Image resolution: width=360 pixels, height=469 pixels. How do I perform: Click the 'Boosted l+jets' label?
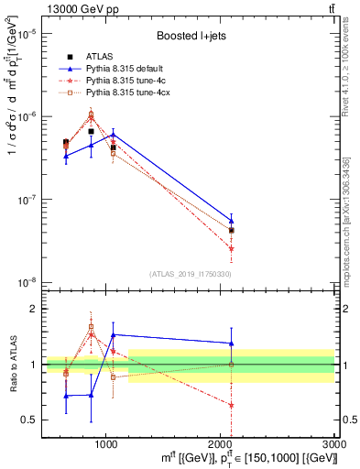coord(190,36)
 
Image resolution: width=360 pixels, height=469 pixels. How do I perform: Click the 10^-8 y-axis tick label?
coord(27,282)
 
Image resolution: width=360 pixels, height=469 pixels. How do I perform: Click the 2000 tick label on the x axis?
coord(220,444)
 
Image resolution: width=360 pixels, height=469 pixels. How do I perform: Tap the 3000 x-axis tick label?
coord(333,444)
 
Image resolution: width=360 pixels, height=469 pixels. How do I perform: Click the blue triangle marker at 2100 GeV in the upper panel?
coord(231,221)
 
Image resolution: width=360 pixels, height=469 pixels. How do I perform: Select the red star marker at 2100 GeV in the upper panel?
coord(231,248)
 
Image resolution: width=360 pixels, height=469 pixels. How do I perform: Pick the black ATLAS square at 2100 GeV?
coord(231,231)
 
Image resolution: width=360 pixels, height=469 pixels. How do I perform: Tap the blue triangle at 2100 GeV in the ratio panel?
coord(231,344)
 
